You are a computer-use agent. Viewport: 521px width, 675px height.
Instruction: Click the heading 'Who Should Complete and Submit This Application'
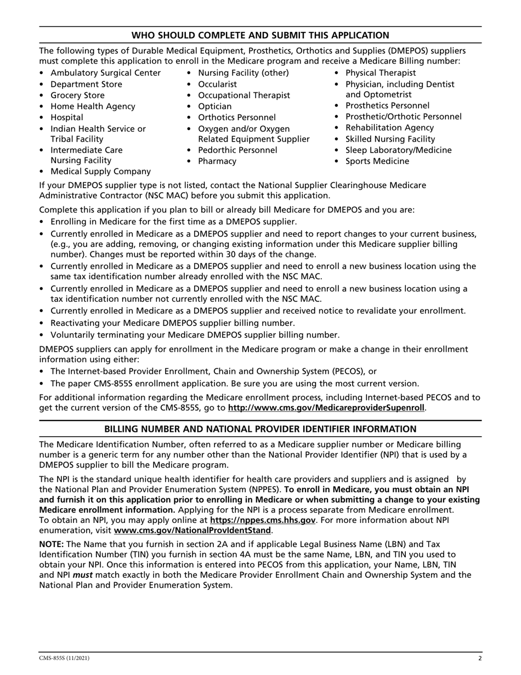[x=260, y=35]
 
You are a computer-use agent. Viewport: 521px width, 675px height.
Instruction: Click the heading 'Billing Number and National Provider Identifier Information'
[x=260, y=429]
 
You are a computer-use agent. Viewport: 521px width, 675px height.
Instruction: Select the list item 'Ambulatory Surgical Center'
[x=105, y=73]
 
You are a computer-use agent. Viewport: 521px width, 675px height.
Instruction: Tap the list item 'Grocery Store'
[x=77, y=95]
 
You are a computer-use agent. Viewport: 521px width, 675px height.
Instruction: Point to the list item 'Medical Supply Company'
[x=100, y=172]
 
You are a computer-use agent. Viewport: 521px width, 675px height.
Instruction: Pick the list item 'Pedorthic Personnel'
[x=237, y=150]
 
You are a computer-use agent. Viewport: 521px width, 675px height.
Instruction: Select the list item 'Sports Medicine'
[x=377, y=161]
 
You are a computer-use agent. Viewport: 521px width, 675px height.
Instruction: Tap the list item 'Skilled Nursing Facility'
[x=390, y=139]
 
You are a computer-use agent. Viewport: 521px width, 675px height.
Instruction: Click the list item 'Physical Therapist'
[x=380, y=73]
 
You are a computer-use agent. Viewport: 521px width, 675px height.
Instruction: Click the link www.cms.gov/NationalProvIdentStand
[x=192, y=531]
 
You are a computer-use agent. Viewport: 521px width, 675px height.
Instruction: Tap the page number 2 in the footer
[x=479, y=658]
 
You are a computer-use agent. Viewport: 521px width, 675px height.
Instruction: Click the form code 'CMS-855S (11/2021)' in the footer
[x=64, y=658]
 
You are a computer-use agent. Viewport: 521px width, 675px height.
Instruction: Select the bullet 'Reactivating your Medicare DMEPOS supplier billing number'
[x=173, y=323]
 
